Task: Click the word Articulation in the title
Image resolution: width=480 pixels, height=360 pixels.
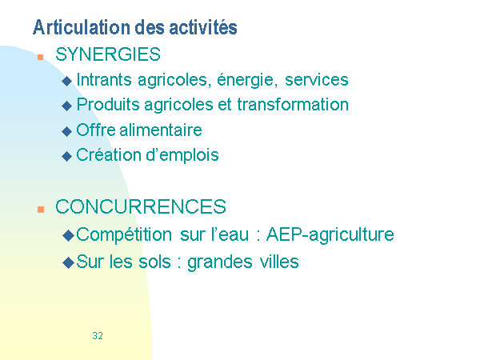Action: (82, 27)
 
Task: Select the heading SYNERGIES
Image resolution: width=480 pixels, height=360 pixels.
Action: (108, 54)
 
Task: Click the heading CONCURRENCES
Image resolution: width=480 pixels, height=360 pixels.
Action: (141, 206)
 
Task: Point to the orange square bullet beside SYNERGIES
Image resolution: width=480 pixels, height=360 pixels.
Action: (41, 57)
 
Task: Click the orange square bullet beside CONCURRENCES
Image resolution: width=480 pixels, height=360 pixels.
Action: (41, 210)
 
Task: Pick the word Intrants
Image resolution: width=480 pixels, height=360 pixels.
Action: (104, 79)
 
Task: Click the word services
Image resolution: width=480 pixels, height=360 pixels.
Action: (317, 80)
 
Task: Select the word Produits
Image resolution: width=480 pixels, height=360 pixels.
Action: (107, 104)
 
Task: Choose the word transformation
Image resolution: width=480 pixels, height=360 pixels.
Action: (293, 104)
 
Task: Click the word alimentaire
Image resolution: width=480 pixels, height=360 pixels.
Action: (161, 130)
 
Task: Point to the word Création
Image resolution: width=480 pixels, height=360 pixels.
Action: (109, 154)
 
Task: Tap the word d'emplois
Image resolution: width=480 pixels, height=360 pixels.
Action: (182, 155)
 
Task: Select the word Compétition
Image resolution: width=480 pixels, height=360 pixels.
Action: (124, 235)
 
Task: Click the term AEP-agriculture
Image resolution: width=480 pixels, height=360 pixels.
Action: (330, 235)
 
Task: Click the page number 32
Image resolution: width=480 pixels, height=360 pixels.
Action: (98, 336)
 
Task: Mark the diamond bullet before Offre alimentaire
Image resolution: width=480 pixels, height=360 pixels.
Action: (66, 132)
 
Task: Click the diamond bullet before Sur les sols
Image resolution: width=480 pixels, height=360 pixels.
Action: (68, 262)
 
